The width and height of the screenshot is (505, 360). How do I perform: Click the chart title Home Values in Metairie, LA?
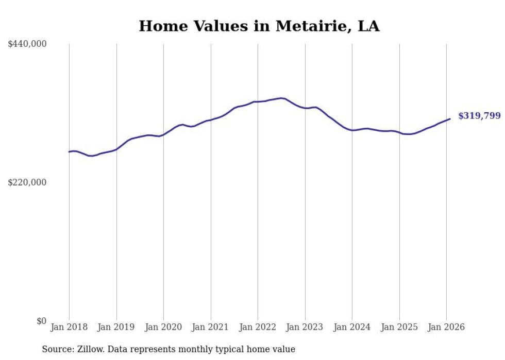pyautogui.click(x=259, y=26)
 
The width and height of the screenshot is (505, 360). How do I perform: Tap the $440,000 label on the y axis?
pyautogui.click(x=27, y=44)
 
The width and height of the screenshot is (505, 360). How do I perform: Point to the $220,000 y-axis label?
pyautogui.click(x=27, y=182)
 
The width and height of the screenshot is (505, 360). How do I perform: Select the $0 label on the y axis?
pyautogui.click(x=41, y=321)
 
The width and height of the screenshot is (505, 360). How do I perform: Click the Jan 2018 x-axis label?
pyautogui.click(x=69, y=327)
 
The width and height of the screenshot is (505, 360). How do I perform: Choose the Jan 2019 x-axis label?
pyautogui.click(x=116, y=327)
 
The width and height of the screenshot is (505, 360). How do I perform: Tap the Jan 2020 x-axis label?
pyautogui.click(x=163, y=327)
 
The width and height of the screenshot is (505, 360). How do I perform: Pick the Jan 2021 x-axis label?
pyautogui.click(x=211, y=327)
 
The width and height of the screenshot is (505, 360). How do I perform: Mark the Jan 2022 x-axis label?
pyautogui.click(x=258, y=327)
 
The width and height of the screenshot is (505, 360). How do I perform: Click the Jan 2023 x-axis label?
pyautogui.click(x=305, y=327)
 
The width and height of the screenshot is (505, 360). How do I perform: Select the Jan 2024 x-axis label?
pyautogui.click(x=352, y=327)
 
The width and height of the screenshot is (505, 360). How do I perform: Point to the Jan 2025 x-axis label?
pyautogui.click(x=399, y=327)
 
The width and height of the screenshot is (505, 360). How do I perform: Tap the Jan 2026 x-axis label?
pyautogui.click(x=446, y=327)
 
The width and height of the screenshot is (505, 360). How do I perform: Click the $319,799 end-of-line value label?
pyautogui.click(x=479, y=116)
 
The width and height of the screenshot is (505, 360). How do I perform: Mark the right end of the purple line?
pyautogui.click(x=450, y=119)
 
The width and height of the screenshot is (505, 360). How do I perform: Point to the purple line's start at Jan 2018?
pyautogui.click(x=70, y=151)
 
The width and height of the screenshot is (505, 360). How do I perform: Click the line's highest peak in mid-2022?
pyautogui.click(x=281, y=98)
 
